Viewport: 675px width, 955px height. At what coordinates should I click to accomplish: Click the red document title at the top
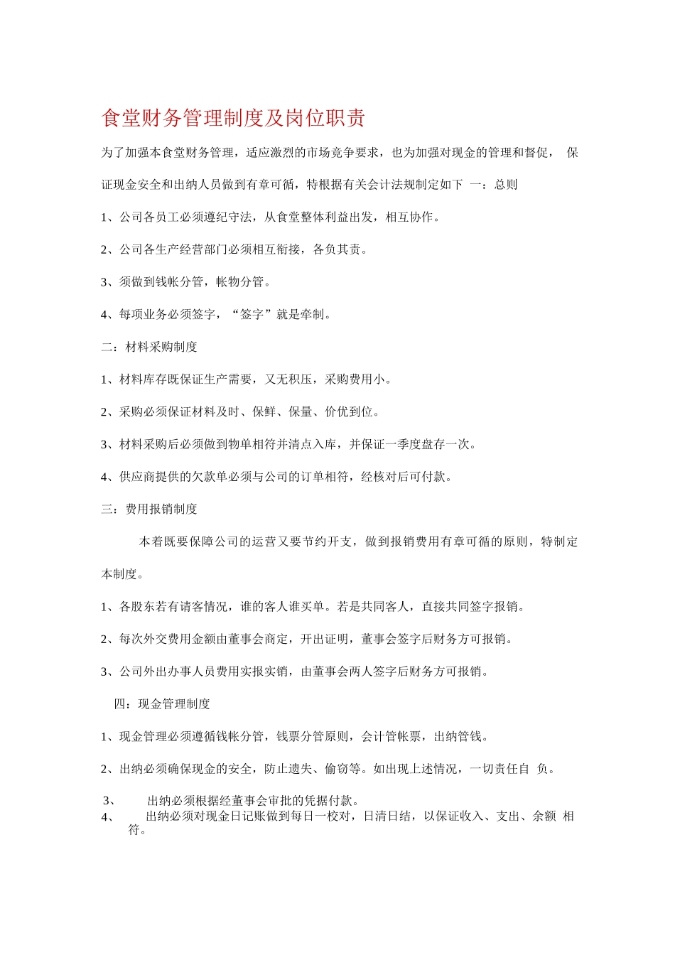233,118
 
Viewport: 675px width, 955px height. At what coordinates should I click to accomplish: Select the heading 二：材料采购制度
149,347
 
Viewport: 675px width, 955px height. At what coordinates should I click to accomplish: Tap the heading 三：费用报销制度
149,509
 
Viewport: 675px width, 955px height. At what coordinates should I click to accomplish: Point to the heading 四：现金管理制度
162,704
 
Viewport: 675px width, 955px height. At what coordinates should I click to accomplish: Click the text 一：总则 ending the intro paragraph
493,185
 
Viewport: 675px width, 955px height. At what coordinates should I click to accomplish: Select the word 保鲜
264,411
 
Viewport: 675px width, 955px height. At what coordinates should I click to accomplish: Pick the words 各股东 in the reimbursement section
137,607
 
